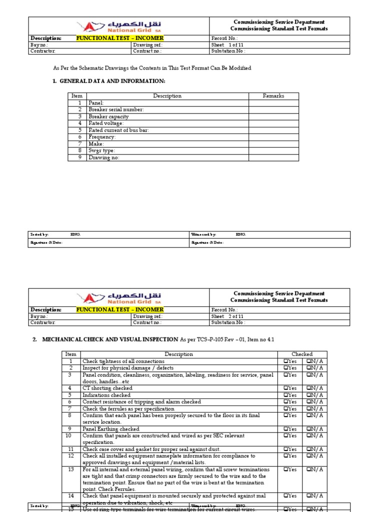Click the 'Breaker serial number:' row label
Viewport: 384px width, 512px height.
pos(116,109)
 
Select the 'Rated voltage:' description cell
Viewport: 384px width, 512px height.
pos(106,123)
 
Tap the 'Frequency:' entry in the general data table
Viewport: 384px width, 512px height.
pos(102,137)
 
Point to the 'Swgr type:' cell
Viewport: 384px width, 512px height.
pos(101,150)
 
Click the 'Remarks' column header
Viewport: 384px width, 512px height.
pos(273,96)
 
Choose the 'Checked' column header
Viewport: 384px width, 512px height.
pos(302,354)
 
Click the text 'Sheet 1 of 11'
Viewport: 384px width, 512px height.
pos(227,44)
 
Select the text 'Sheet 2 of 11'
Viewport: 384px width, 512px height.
pos(227,316)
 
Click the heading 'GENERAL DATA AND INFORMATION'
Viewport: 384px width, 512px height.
pos(112,81)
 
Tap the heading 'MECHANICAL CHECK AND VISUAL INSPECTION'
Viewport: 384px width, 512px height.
pos(110,339)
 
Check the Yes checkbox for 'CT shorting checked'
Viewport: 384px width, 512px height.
pos(285,388)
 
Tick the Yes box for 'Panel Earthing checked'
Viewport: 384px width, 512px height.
pos(285,429)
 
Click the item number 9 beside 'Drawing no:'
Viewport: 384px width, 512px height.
pos(79,157)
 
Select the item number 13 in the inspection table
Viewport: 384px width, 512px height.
pos(70,469)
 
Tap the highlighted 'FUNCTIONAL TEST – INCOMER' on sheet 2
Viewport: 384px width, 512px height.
pos(119,309)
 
